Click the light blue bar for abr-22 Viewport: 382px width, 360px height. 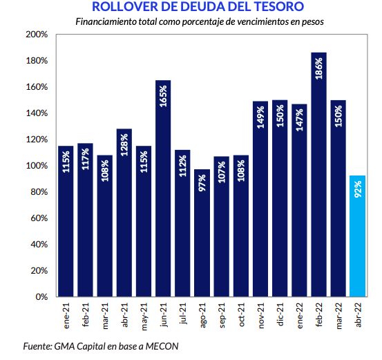[357, 236]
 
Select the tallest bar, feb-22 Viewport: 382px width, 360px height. [318, 175]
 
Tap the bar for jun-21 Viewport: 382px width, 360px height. [163, 189]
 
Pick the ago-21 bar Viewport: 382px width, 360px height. [202, 233]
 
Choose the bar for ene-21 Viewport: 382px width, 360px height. [66, 221]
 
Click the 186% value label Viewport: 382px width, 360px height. [318, 68]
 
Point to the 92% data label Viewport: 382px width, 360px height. [358, 189]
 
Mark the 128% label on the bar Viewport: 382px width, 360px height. [124, 145]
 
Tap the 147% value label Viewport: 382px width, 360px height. [299, 120]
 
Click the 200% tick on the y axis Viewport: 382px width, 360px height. [37, 35]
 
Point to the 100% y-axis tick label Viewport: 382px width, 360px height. [37, 166]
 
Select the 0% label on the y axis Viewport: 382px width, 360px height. [41, 297]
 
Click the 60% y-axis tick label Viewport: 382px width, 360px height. [39, 218]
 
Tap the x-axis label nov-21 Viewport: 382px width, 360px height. [261, 316]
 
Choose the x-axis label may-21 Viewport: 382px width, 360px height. [144, 316]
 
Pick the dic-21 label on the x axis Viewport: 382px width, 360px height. [280, 314]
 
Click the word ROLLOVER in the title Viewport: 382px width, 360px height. [125, 7]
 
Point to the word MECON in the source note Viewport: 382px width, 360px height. [162, 346]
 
